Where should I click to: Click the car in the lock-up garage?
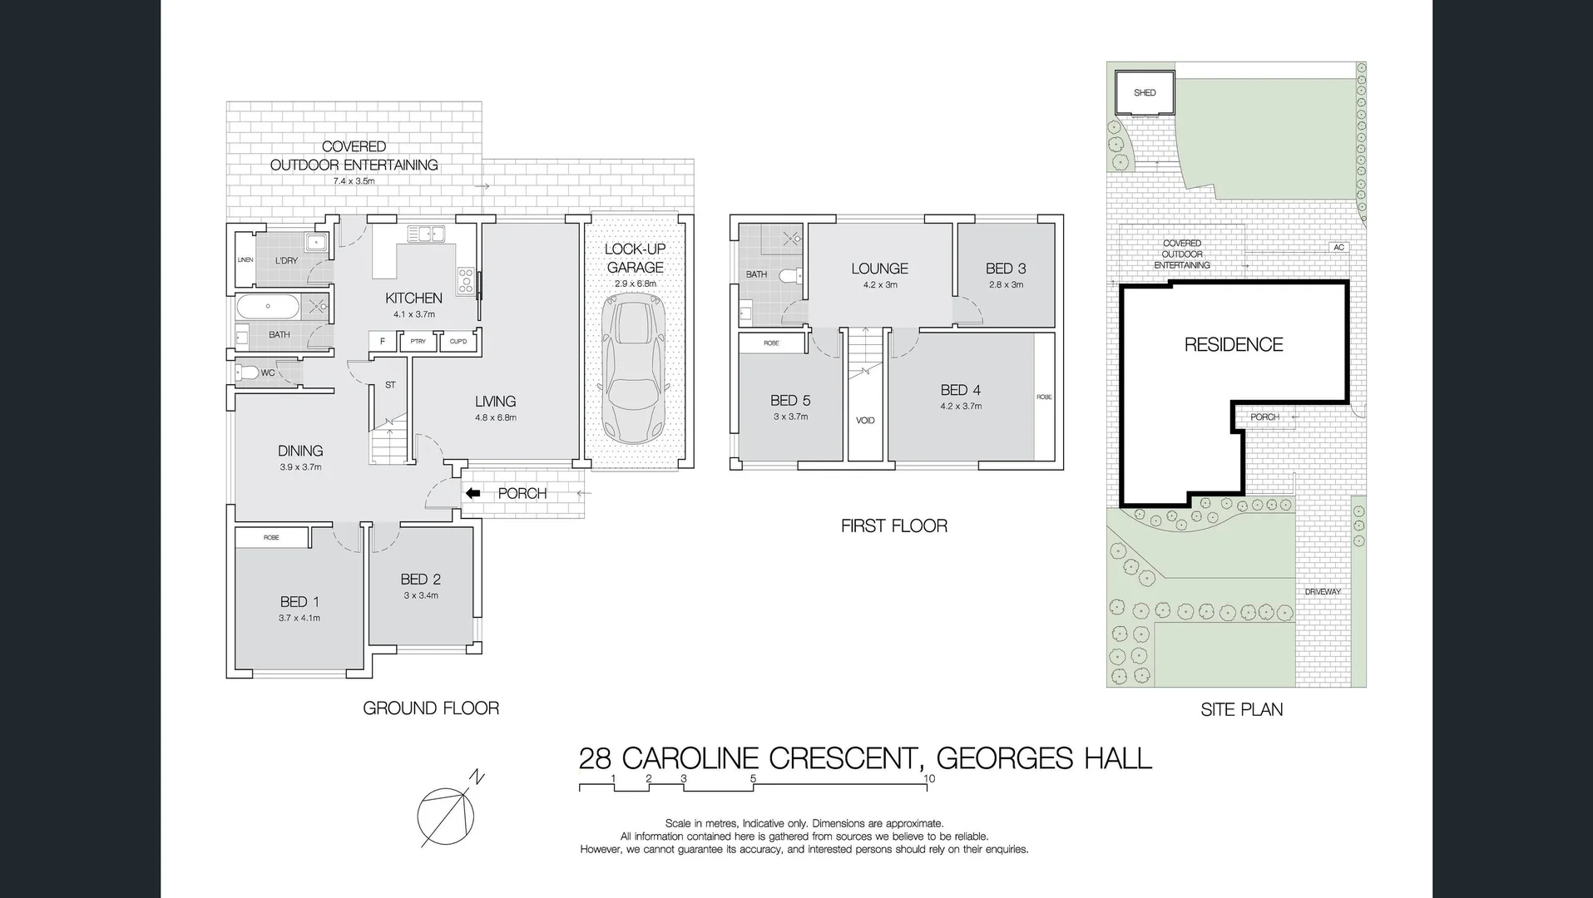[x=635, y=372]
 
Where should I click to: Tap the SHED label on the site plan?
[x=1145, y=93]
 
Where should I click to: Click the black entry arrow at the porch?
[x=472, y=494]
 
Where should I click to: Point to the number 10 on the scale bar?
[x=929, y=779]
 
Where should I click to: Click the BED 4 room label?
[x=960, y=390]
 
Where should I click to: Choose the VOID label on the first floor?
[x=865, y=421]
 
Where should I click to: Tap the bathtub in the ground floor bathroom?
[x=268, y=307]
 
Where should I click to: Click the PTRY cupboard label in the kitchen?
[x=418, y=342]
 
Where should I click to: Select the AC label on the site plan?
[x=1338, y=248]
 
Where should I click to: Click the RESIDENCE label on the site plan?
[x=1233, y=344]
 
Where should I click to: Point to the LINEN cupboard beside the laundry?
[x=245, y=260]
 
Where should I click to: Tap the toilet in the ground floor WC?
[x=247, y=373]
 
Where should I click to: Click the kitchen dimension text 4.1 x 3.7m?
[x=414, y=314]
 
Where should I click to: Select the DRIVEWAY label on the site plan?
[x=1323, y=592]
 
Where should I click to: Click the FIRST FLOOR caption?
[x=893, y=525]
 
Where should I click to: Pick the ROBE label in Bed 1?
[x=271, y=538]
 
